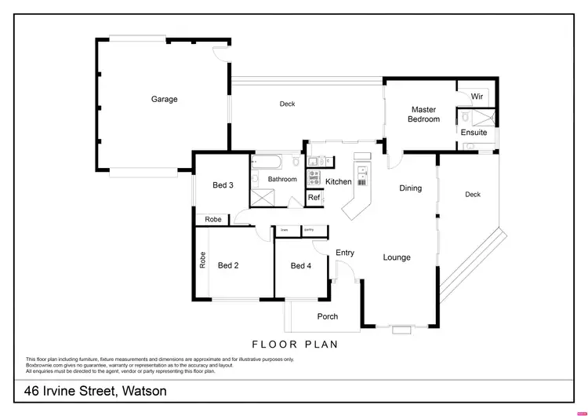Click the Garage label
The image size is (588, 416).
pos(165,100)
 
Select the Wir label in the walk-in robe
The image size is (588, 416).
pos(476,97)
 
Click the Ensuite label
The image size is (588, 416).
pos(474,133)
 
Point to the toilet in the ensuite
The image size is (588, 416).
pos(468,147)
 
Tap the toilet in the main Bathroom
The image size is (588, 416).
pos(295,163)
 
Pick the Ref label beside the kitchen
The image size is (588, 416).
pos(314,198)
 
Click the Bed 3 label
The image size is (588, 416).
pos(223,185)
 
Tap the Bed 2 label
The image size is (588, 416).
pos(228,265)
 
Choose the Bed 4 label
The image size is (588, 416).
pos(301,266)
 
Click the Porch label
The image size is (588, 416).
pos(327,317)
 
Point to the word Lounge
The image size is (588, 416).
pos(397,257)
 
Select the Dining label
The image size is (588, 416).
pos(410,188)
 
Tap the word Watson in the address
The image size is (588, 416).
pos(142,390)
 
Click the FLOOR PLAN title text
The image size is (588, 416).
pos(294,344)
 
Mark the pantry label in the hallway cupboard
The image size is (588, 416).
pos(310,229)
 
